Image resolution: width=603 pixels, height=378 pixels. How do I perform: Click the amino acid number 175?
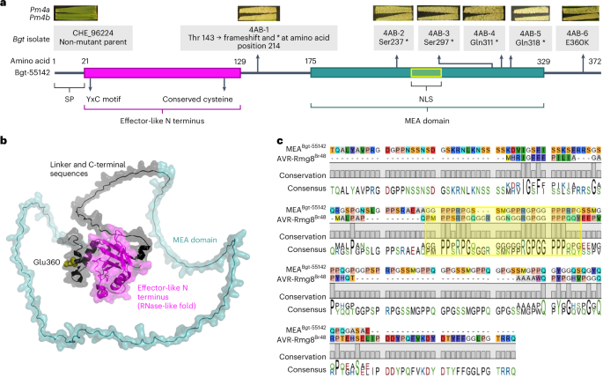coord(311,60)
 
